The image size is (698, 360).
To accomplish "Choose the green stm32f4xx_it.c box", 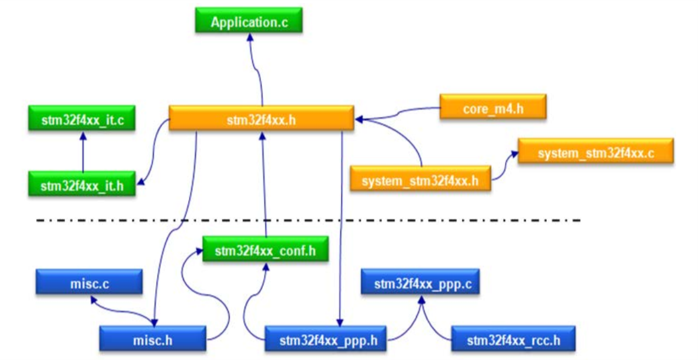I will pyautogui.click(x=82, y=118).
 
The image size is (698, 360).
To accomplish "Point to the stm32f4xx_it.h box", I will pyautogui.click(x=82, y=184).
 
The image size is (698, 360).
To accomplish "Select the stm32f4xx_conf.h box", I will pyautogui.click(x=265, y=250).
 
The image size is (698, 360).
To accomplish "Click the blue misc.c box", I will pyautogui.click(x=89, y=282).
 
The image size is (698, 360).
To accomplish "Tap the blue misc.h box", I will pyautogui.click(x=152, y=339).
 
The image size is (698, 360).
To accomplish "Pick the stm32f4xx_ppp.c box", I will pyautogui.click(x=420, y=282).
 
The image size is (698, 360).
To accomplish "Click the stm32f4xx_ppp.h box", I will pyautogui.click(x=325, y=339).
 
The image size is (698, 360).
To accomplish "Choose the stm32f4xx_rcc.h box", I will pyautogui.click(x=513, y=339).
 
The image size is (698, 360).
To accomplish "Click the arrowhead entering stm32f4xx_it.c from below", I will pyautogui.click(x=83, y=135).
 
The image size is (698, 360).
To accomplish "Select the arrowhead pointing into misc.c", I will pyautogui.click(x=92, y=299).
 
